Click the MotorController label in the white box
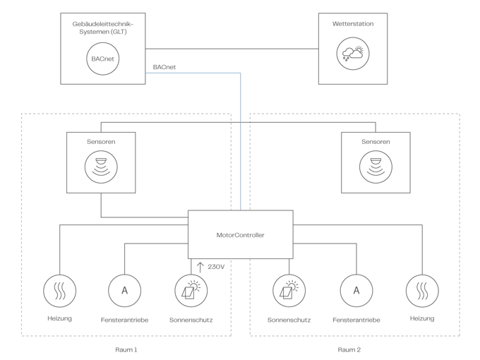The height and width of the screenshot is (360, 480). pyautogui.click(x=240, y=235)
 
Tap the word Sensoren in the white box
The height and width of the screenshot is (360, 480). pyautogui.click(x=102, y=142)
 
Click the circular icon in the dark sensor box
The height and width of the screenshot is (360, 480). pyautogui.click(x=375, y=167)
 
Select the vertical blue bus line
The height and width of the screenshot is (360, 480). pyautogui.click(x=241, y=141)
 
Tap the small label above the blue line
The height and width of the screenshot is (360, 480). pyautogui.click(x=164, y=66)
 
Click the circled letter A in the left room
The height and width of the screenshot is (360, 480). pyautogui.click(x=125, y=289)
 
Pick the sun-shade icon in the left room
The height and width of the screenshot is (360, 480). pyautogui.click(x=191, y=289)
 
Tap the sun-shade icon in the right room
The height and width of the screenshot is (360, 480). pyautogui.click(x=289, y=289)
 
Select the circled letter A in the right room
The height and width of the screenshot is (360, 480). pyautogui.click(x=356, y=289)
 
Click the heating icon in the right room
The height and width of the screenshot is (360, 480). pyautogui.click(x=421, y=289)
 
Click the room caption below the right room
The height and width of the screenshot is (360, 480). pyautogui.click(x=349, y=349)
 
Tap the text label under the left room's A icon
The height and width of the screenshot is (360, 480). pyautogui.click(x=125, y=320)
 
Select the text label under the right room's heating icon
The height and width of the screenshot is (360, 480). pyautogui.click(x=421, y=319)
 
